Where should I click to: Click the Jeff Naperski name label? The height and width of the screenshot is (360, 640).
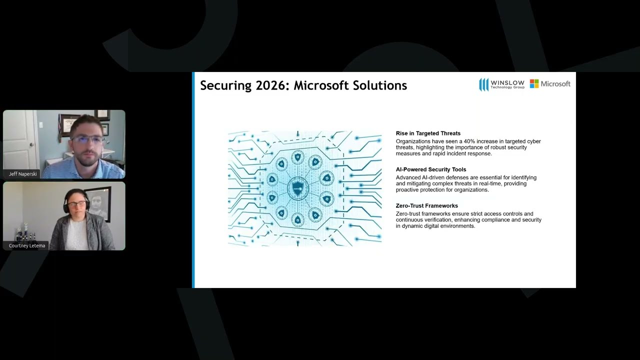tap(23, 174)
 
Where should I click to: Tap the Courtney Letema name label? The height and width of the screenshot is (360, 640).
tap(27, 245)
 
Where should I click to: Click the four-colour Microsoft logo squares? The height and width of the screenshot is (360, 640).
tap(534, 83)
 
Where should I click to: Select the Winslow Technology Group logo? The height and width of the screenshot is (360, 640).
tap(501, 84)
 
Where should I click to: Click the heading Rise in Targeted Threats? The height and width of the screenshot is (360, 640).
tap(428, 133)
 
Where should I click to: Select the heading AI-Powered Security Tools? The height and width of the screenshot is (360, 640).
tap(430, 169)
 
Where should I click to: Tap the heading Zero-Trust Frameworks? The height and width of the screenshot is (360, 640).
tap(426, 205)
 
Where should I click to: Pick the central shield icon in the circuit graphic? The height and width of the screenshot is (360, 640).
tap(297, 188)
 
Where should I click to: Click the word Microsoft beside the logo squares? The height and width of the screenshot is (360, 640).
tap(555, 84)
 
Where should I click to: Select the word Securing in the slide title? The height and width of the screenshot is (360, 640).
tap(225, 85)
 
